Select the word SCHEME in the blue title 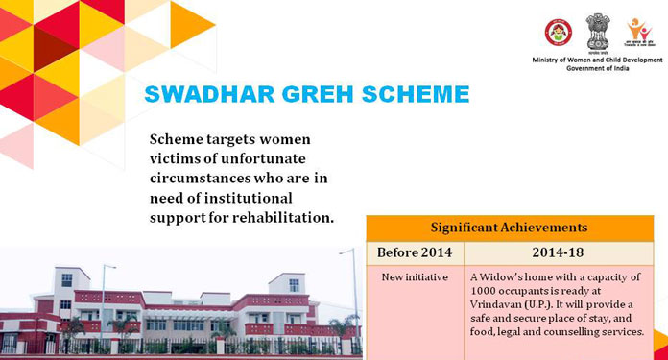(413, 95)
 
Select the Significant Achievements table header (515, 228)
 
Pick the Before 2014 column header (415, 252)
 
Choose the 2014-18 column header (565, 252)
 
